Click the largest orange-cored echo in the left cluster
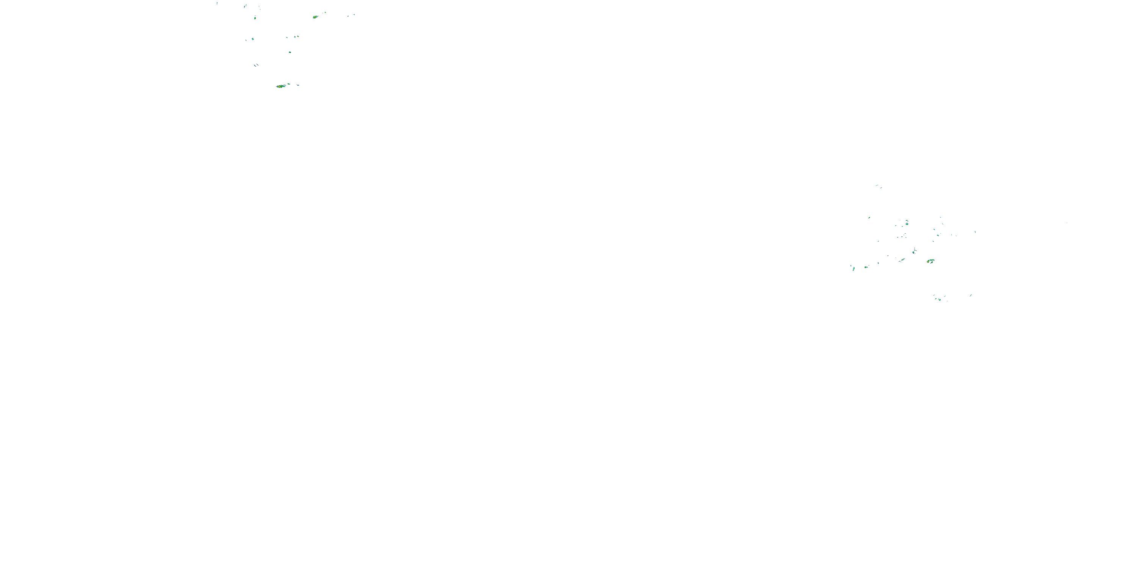[x=280, y=86]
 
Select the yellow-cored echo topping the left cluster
[x=315, y=17]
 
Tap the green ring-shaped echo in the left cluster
[x=255, y=18]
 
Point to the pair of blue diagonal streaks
[x=256, y=65]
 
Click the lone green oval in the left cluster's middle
[x=290, y=52]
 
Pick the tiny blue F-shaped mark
[x=217, y=3]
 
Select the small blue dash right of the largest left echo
[x=298, y=85]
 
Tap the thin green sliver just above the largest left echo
[x=289, y=83]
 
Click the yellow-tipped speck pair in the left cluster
[x=297, y=37]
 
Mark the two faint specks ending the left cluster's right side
[x=351, y=15]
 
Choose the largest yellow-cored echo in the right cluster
[x=930, y=261]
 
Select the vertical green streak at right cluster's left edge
[x=854, y=268]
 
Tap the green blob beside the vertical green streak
[x=866, y=267]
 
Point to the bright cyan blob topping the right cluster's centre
[x=907, y=223]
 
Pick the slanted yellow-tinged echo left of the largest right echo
[x=902, y=260]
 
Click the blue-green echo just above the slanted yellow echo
[x=914, y=251]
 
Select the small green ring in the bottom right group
[x=940, y=300]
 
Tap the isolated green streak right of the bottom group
[x=971, y=295]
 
